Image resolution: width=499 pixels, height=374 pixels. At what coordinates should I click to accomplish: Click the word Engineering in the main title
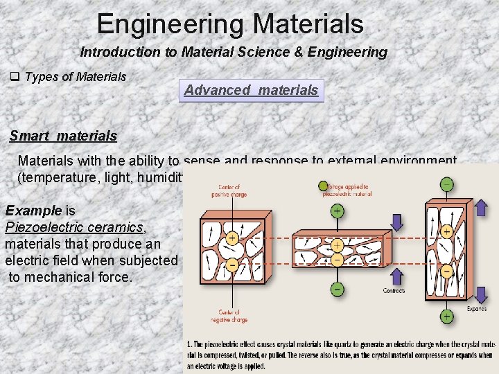pyautogui.click(x=170, y=24)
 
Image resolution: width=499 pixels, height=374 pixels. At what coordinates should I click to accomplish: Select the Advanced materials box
pyautogui.click(x=251, y=90)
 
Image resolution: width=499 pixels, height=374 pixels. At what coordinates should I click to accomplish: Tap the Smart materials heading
pyautogui.click(x=63, y=136)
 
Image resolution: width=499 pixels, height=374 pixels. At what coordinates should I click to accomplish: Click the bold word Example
pyautogui.click(x=33, y=211)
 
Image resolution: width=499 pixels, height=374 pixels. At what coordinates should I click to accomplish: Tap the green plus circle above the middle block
pyautogui.click(x=337, y=211)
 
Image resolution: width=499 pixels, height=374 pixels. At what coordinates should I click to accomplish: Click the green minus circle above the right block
pyautogui.click(x=448, y=184)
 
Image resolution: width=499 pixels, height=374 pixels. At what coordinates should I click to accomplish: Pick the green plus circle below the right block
pyautogui.click(x=447, y=317)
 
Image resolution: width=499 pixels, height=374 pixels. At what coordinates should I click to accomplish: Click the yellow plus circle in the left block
pyautogui.click(x=231, y=238)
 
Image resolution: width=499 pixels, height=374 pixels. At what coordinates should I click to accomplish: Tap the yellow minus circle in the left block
pyautogui.click(x=231, y=265)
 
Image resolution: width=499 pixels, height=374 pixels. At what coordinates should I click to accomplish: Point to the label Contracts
pyautogui.click(x=394, y=291)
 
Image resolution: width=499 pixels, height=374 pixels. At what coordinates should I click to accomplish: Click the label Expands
pyautogui.click(x=476, y=308)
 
